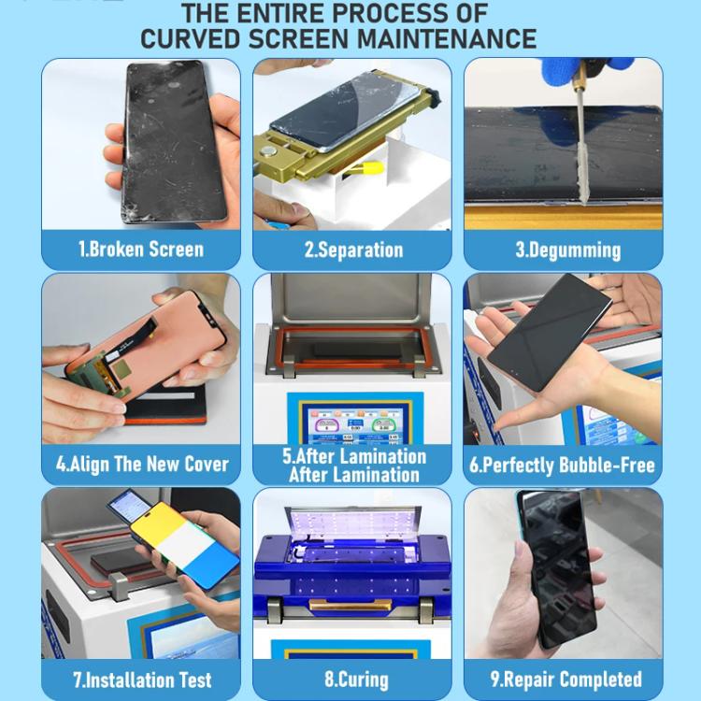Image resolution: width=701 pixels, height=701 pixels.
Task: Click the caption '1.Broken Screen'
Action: click(140, 250)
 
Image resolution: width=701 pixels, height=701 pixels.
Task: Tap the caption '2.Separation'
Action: click(353, 250)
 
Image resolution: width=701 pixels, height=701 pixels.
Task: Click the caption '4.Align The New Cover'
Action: click(141, 465)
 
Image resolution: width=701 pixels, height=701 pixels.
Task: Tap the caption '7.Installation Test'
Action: click(142, 680)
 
